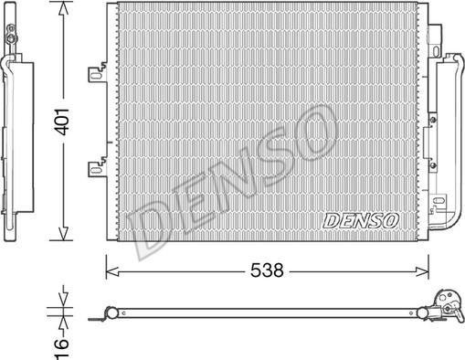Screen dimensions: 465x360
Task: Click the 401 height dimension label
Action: coord(62,122)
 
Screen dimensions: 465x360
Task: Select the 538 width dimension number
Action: coord(267,270)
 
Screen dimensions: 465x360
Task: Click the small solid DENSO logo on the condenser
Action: coord(361,221)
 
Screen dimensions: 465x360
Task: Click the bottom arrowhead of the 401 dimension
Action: coord(63,234)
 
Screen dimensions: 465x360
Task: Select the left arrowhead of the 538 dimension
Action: coord(112,270)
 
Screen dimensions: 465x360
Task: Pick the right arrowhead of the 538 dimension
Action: coord(422,270)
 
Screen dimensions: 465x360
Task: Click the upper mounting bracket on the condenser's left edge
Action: coord(97,72)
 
